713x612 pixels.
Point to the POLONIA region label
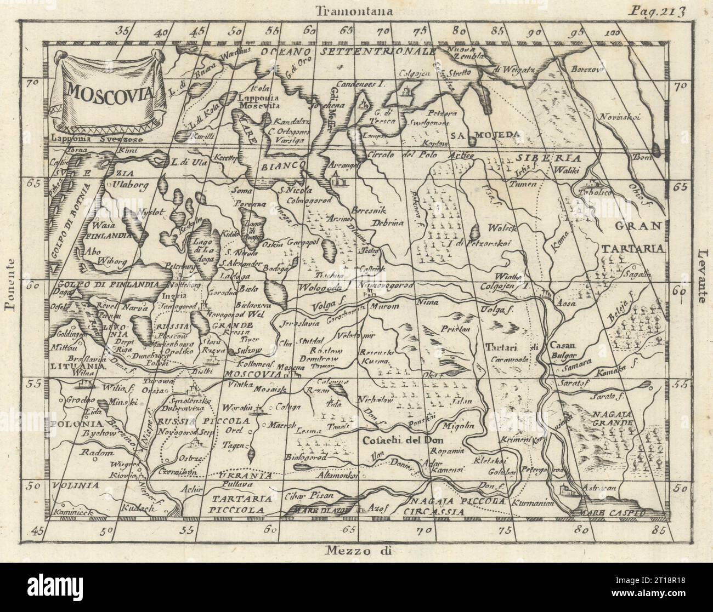point(70,424)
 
